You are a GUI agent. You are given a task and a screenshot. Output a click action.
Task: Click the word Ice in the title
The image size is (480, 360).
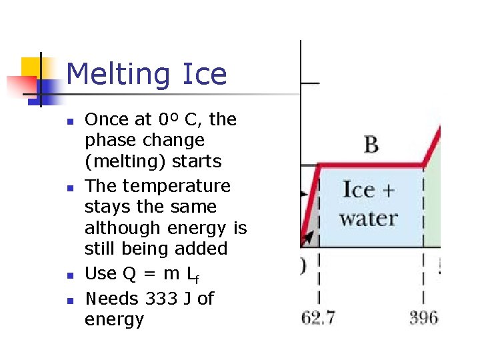tap(202, 74)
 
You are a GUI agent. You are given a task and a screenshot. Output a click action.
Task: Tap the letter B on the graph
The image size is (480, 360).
tap(371, 144)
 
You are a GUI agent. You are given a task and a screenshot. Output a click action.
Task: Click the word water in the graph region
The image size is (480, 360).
tap(368, 219)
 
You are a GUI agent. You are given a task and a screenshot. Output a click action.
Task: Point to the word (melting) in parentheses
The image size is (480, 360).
tap(121, 162)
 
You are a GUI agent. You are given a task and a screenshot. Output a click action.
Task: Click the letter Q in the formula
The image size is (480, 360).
tap(130, 274)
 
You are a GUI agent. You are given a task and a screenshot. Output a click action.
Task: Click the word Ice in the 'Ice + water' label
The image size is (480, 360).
tap(359, 190)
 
